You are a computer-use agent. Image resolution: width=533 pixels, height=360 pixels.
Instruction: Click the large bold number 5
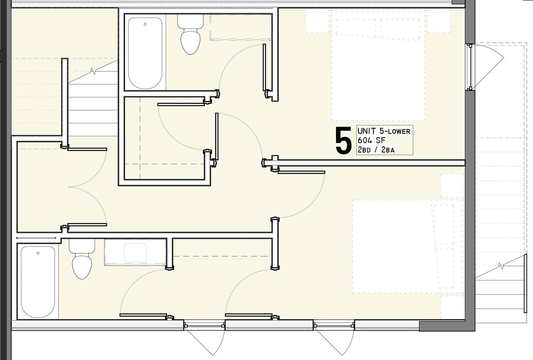click(344, 141)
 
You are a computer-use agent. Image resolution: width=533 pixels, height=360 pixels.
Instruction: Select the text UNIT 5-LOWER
click(384, 131)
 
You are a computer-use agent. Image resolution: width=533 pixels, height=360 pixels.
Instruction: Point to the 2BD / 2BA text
click(376, 150)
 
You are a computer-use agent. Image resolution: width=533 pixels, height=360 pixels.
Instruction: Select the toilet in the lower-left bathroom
click(82, 261)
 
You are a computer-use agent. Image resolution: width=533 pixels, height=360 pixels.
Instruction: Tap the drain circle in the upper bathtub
click(145, 24)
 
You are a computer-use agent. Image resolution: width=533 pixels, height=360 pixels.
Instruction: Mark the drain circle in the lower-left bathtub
click(38, 253)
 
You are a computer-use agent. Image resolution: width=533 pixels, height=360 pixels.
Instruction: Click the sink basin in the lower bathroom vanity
click(135, 252)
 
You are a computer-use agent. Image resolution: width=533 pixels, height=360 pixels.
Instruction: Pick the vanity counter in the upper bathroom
click(240, 27)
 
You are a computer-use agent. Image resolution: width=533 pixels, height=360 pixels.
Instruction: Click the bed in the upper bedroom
click(378, 67)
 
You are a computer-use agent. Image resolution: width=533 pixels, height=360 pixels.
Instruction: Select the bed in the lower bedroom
click(402, 246)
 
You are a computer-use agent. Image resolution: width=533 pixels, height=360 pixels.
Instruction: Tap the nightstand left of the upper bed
click(318, 21)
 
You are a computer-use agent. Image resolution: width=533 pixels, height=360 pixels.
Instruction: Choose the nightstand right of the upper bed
click(438, 21)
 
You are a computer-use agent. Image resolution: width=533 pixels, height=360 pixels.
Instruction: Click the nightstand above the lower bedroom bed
click(452, 186)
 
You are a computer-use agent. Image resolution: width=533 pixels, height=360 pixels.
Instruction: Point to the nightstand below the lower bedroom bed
click(452, 307)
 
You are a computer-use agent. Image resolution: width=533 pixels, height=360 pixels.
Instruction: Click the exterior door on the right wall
click(470, 67)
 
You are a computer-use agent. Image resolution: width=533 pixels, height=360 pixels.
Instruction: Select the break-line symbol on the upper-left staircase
click(93, 72)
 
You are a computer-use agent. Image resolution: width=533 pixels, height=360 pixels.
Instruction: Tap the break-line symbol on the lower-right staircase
click(501, 266)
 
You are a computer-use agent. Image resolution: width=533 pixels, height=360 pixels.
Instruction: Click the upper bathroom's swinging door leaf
click(264, 67)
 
